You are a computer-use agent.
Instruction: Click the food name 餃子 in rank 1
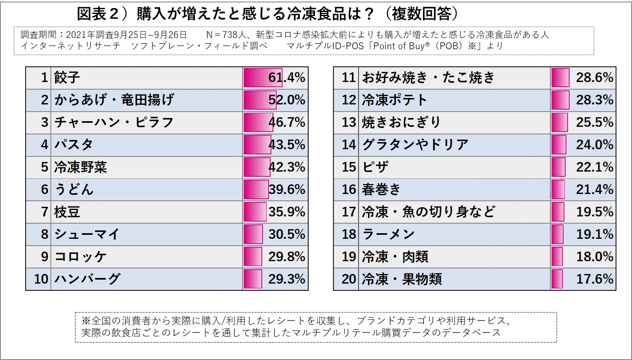(x=67, y=78)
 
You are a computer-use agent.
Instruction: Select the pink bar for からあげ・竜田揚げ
(x=260, y=100)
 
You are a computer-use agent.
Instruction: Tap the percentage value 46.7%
(x=287, y=122)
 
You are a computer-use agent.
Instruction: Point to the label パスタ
(x=74, y=145)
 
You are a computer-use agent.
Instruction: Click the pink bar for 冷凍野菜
(x=257, y=167)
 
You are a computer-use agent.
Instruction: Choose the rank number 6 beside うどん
(x=44, y=190)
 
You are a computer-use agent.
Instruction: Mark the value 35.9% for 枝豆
(x=287, y=212)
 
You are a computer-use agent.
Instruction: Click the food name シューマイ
(x=87, y=234)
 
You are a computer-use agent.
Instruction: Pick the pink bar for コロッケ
(x=253, y=257)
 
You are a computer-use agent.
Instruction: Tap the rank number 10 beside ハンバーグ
(x=41, y=279)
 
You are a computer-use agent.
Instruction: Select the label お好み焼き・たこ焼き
(x=429, y=78)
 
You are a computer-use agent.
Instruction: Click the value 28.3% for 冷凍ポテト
(x=594, y=100)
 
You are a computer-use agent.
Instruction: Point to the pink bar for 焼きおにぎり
(x=560, y=122)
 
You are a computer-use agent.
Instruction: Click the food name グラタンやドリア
(x=415, y=145)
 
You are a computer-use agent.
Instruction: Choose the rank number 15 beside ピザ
(x=349, y=167)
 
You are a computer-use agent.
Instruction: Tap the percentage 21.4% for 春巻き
(x=594, y=190)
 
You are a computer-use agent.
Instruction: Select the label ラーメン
(x=389, y=234)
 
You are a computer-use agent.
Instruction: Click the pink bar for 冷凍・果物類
(x=557, y=279)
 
